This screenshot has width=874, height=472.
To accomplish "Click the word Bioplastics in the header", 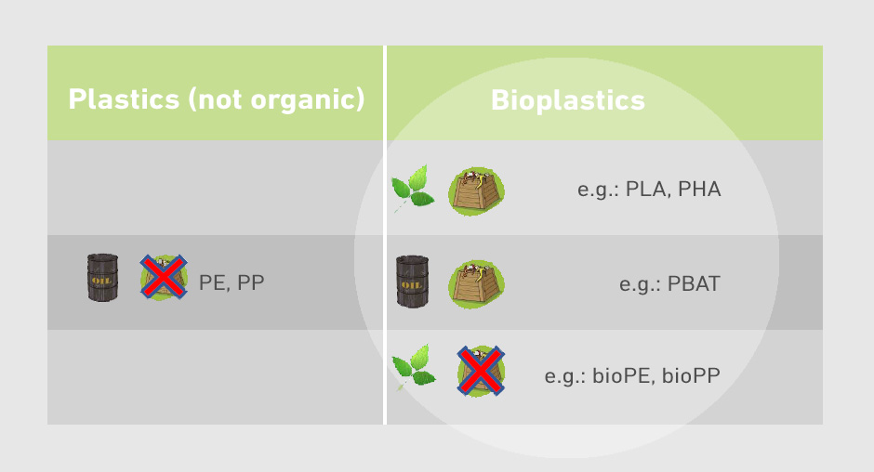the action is [x=567, y=101].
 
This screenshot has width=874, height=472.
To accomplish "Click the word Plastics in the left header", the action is [x=124, y=99].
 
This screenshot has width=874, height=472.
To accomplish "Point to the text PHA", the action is [x=699, y=190].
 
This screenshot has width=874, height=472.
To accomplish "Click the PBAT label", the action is [x=694, y=284].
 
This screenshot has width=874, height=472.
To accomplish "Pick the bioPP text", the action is [x=691, y=376].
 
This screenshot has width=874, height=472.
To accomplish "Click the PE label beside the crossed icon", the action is [x=212, y=283].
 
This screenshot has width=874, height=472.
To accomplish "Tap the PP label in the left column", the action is [x=251, y=283].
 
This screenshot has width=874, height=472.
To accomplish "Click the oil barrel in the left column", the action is [x=102, y=278].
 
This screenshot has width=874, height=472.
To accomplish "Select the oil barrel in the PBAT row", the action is [x=413, y=282].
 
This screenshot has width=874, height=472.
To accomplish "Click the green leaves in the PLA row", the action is [x=413, y=188].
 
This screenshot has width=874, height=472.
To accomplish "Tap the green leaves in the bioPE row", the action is [x=414, y=367].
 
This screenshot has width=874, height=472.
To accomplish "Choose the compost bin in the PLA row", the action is [x=477, y=191].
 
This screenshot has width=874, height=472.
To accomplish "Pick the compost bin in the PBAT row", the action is [x=477, y=283].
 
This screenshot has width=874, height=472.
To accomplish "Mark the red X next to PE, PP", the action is [x=164, y=277].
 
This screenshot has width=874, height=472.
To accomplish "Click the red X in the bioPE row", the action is [x=481, y=371].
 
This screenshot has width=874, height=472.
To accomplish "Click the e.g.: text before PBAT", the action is [x=640, y=285].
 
